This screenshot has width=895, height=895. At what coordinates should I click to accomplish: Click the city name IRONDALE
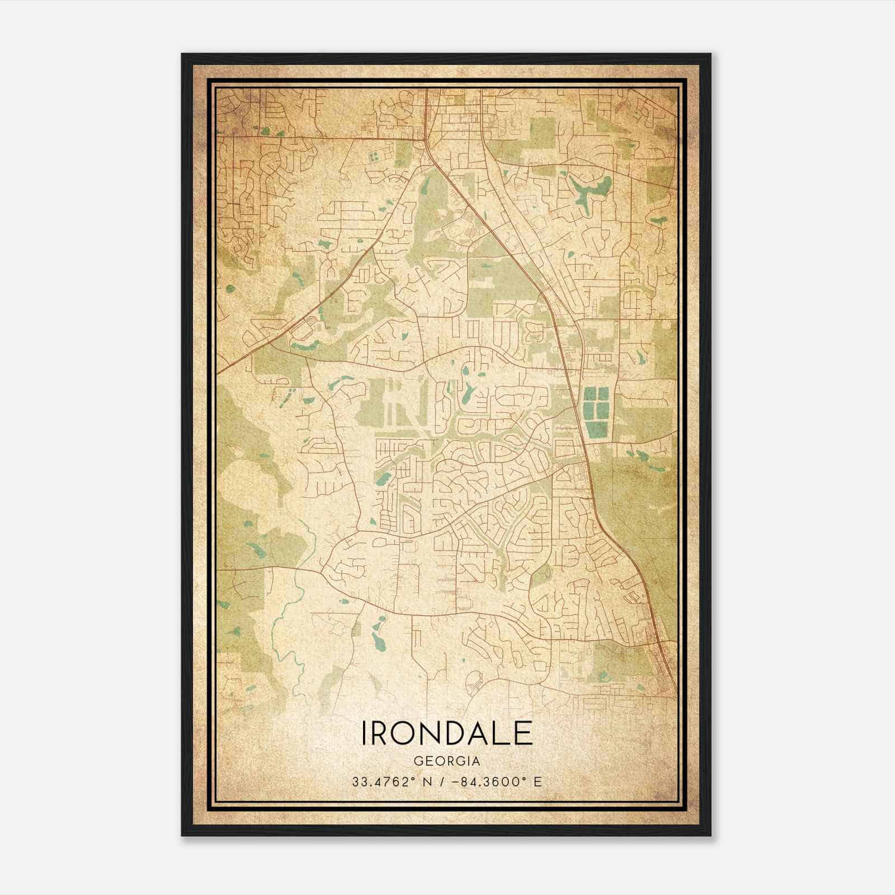tap(447, 733)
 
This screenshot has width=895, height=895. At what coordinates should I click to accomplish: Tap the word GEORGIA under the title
tap(447, 761)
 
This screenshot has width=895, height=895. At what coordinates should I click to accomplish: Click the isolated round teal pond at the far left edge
tap(230, 289)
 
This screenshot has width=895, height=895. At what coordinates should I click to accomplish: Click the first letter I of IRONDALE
tap(365, 733)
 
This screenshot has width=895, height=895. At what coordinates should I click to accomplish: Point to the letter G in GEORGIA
tap(417, 761)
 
